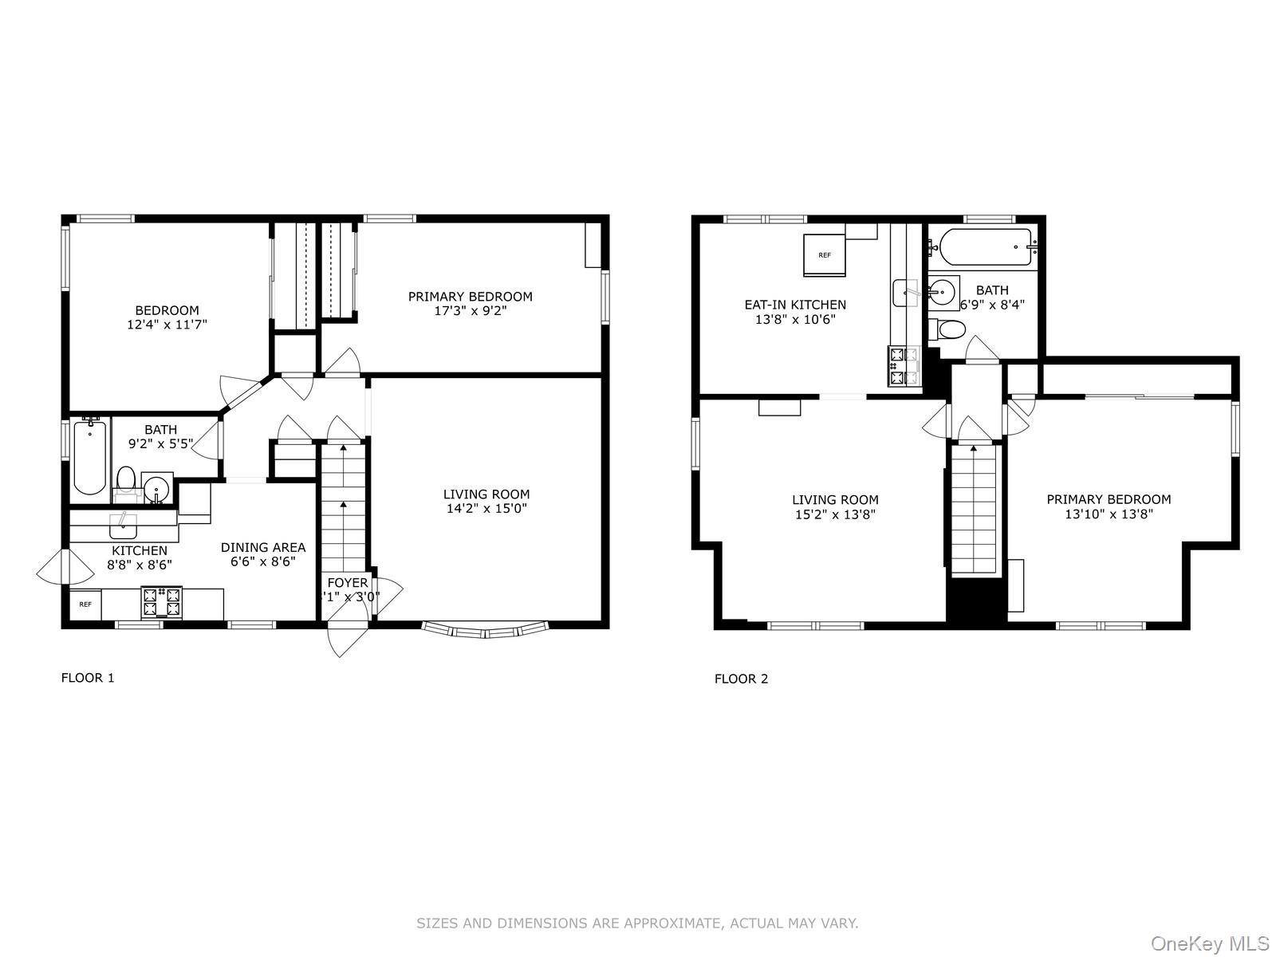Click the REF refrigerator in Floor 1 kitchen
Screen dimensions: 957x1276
point(85,605)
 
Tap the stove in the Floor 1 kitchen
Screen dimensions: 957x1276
point(162,602)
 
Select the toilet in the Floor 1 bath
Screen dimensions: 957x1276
point(126,481)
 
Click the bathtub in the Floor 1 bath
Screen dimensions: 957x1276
point(89,459)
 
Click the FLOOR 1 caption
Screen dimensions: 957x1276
point(88,678)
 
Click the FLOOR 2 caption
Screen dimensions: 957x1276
point(741,679)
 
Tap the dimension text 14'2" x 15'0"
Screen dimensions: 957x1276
point(486,508)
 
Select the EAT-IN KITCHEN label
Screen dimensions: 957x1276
point(795,305)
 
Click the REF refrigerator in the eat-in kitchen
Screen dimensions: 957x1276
point(824,254)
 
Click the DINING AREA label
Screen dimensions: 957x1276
point(263,547)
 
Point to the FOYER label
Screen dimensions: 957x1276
point(348,583)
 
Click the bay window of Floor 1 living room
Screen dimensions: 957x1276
point(486,631)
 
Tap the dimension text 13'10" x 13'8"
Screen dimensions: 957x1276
point(1109,514)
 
